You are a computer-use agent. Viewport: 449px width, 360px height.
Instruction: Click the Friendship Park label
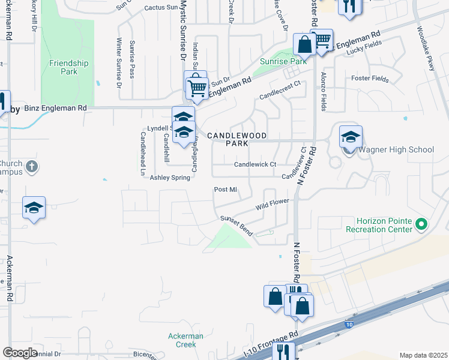[68, 67]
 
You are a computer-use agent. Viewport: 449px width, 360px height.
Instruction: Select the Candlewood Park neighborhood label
[237, 140]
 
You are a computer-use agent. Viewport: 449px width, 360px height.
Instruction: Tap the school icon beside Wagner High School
[351, 137]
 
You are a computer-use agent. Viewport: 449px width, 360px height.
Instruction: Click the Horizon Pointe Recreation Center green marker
[421, 225]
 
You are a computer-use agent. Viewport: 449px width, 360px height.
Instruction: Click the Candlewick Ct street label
[255, 164]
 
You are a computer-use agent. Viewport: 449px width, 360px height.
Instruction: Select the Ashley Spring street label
[169, 178]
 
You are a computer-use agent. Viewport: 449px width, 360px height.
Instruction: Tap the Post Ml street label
[226, 190]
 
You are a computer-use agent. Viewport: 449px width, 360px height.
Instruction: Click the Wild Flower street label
[272, 205]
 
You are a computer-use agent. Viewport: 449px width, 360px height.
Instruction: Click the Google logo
[20, 353]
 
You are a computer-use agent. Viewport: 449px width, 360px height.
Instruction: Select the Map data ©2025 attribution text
[423, 355]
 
